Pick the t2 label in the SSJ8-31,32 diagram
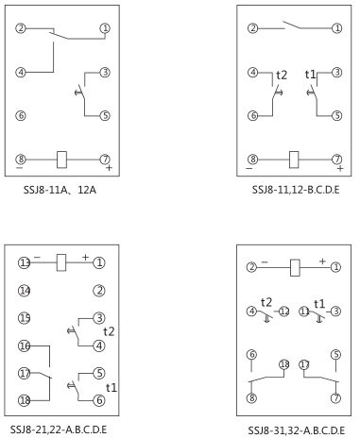click(267, 301)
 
